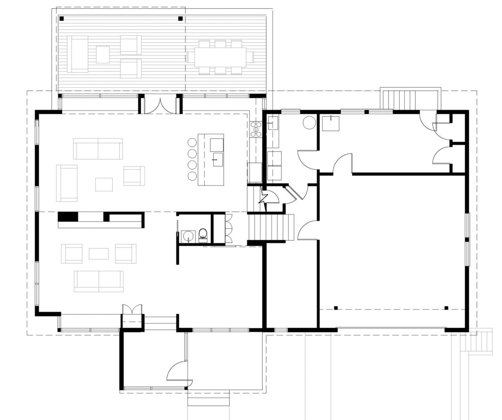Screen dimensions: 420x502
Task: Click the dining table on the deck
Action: [x=220, y=56]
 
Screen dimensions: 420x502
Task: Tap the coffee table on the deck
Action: [x=102, y=54]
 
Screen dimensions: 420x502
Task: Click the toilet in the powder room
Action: [x=202, y=235]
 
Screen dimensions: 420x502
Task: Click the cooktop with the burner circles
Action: [x=256, y=129]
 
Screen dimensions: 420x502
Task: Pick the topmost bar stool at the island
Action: [x=191, y=143]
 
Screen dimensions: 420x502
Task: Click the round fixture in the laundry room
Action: [x=309, y=123]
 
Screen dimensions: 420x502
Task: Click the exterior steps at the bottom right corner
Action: [x=483, y=341]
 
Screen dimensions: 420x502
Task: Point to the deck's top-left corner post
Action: [x=62, y=19]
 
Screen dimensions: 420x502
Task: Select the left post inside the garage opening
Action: [x=336, y=308]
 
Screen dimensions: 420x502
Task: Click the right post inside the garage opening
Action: [x=446, y=308]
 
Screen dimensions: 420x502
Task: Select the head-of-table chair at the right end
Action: [x=250, y=56]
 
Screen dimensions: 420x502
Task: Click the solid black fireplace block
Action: [x=68, y=216]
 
